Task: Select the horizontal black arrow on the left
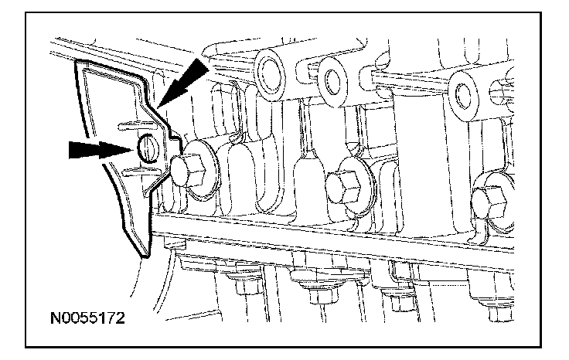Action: click(x=97, y=149)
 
